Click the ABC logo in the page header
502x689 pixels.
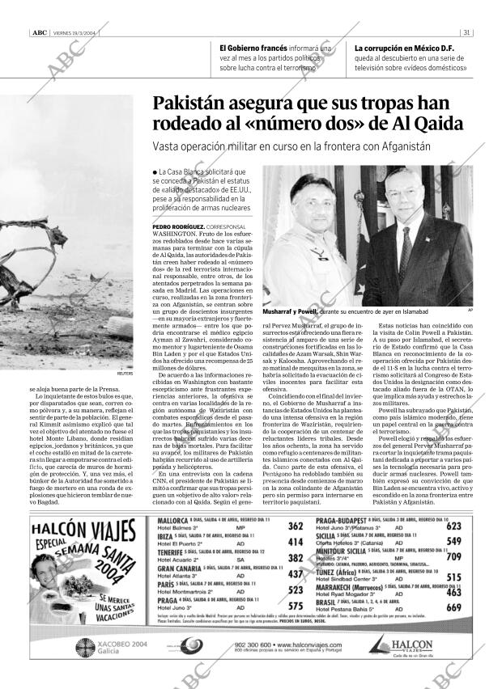[x=38, y=32]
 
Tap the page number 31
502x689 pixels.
[x=468, y=32]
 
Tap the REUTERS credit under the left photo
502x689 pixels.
[x=125, y=374]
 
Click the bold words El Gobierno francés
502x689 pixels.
[x=253, y=48]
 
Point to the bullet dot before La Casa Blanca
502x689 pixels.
[x=154, y=173]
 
